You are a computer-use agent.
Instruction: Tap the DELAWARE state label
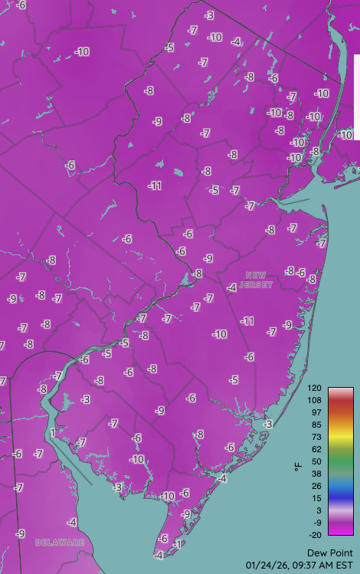pos(60,543)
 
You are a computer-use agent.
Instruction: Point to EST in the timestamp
pos(345,565)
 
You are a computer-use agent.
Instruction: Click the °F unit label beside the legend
pos(299,465)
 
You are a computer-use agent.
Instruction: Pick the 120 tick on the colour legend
pos(315,389)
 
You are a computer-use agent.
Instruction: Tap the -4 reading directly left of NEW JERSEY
pos(232,287)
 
